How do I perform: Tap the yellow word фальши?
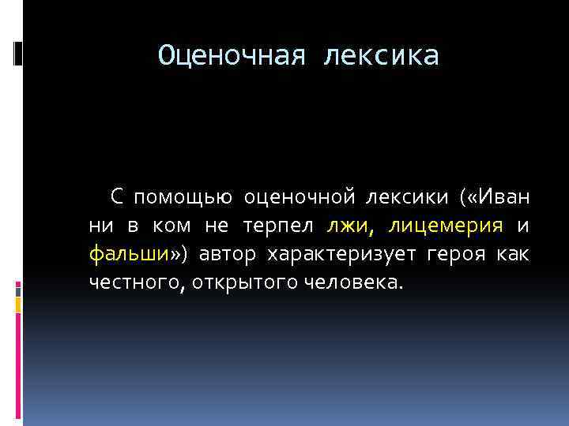point(128,254)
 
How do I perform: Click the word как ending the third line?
point(514,254)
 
